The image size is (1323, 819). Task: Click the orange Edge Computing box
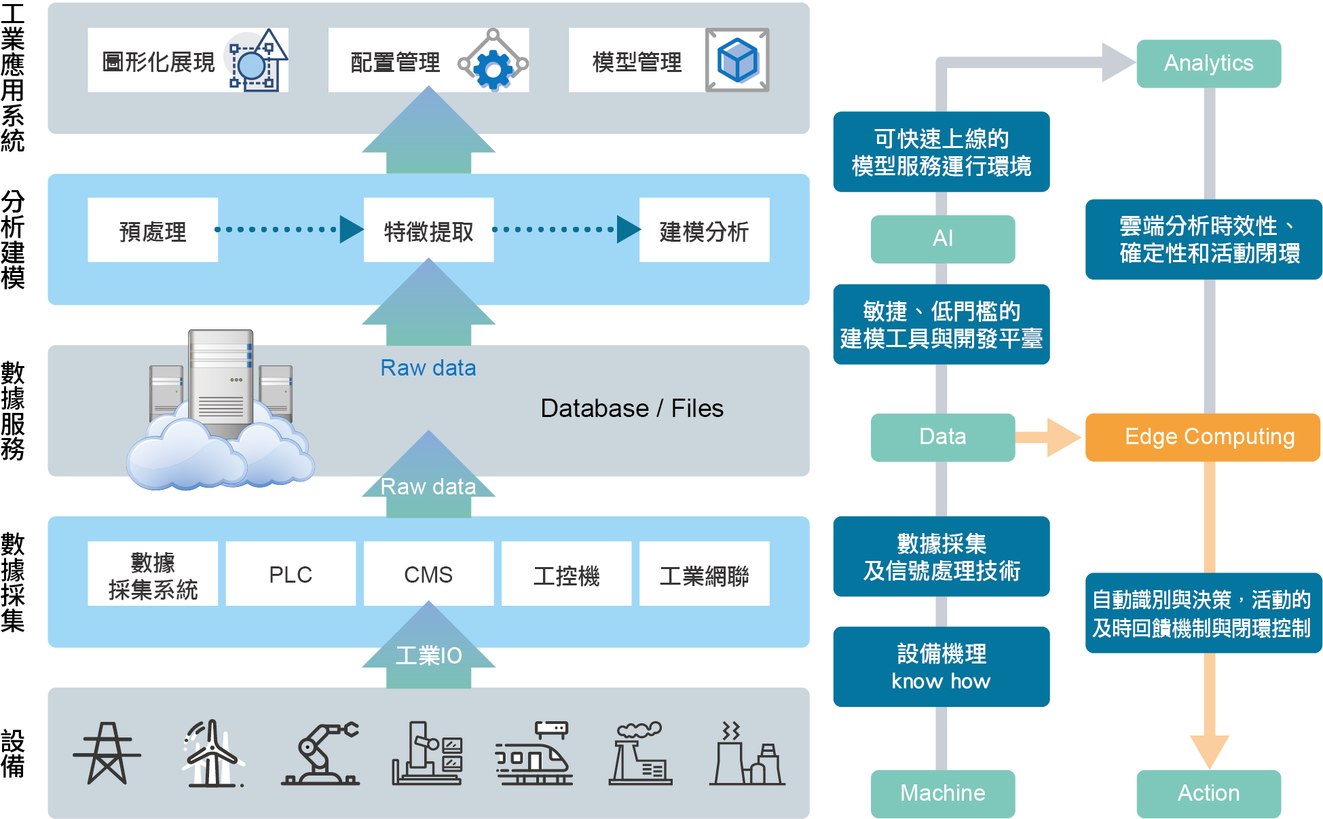[1203, 437]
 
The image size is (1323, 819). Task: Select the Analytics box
[1208, 63]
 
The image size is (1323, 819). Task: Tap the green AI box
[942, 238]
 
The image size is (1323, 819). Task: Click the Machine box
[942, 793]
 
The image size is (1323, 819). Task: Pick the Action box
[1208, 793]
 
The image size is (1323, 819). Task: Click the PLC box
[290, 574]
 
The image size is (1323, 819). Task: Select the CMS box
[428, 574]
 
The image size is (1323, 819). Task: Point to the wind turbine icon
[212, 754]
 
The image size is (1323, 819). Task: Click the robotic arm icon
[320, 754]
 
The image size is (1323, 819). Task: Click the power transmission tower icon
[107, 754]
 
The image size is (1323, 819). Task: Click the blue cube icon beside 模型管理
[737, 60]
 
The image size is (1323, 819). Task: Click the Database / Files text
[631, 408]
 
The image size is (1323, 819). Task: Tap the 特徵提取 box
[428, 231]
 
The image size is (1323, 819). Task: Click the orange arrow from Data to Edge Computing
[1049, 437]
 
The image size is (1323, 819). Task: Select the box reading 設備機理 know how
[941, 666]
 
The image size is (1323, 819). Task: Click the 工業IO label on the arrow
[428, 655]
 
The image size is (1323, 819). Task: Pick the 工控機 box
[566, 574]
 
